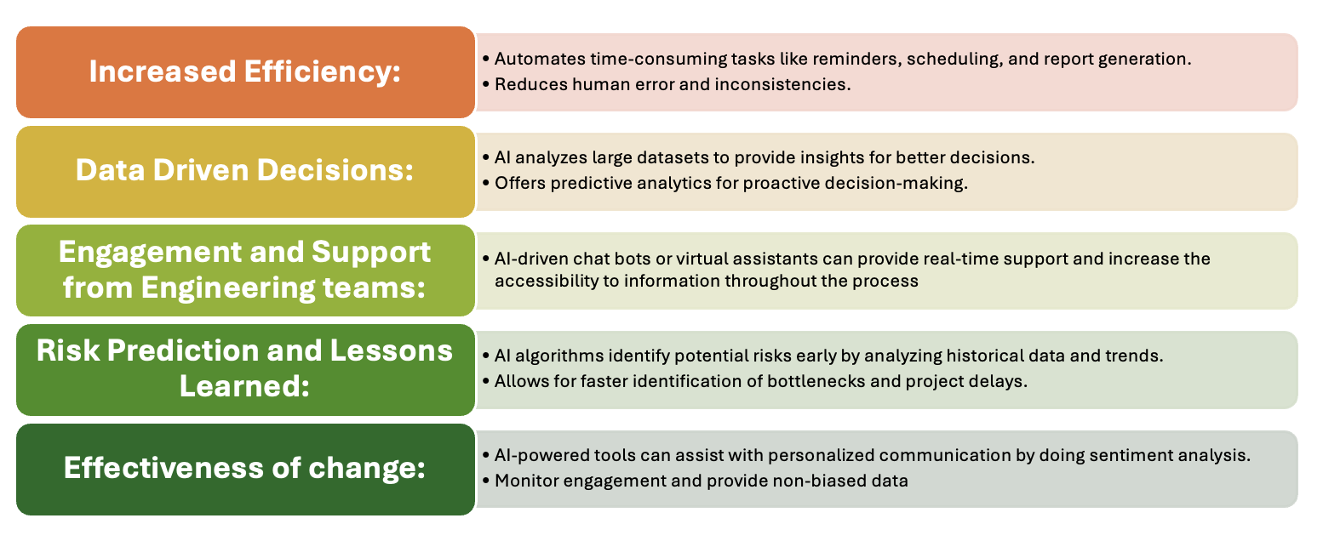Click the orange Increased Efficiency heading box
[x=245, y=72]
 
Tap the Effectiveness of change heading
[x=245, y=469]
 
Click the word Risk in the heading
[x=68, y=350]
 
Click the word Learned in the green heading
[x=244, y=386]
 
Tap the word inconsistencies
[x=782, y=84]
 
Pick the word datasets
[x=652, y=157]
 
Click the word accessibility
[x=547, y=281]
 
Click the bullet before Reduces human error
[x=486, y=85]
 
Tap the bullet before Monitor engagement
[x=486, y=481]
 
